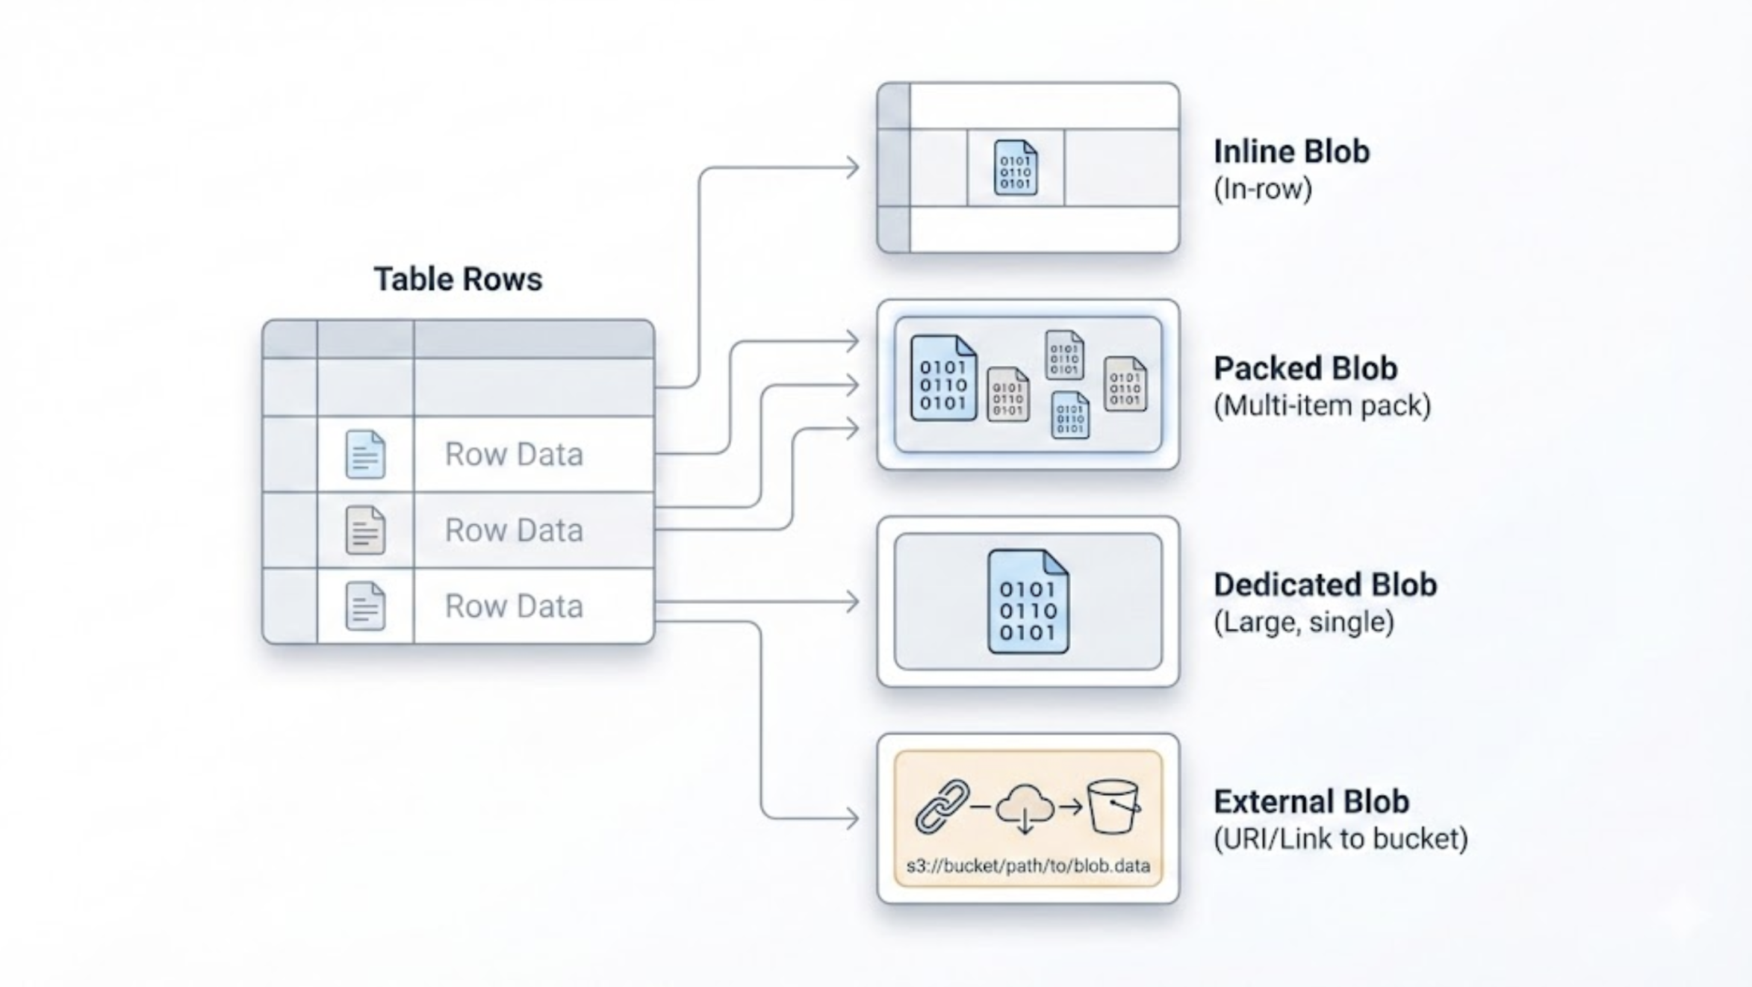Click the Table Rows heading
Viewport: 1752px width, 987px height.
pos(458,279)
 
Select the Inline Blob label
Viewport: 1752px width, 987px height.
pos(1291,152)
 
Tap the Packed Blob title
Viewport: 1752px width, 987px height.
pos(1305,368)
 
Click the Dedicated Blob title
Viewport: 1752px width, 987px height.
pos(1325,585)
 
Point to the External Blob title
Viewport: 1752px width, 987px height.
pos(1311,801)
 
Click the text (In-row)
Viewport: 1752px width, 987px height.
pos(1262,189)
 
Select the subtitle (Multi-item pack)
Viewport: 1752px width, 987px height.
pos(1322,405)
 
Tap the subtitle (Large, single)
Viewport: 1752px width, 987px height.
pos(1303,622)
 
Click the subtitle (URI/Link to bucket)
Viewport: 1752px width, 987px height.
pos(1341,838)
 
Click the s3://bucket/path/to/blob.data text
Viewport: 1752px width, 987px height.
pos(1028,866)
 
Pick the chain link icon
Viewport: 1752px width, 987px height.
pos(942,806)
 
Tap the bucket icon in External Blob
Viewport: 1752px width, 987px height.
pos(1113,806)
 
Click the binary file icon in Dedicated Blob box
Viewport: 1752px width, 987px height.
pos(1028,602)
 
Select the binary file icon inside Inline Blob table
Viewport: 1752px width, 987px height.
pos(1015,168)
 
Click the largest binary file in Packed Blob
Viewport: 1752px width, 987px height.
pos(943,378)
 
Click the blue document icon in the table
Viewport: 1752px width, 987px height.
pos(365,454)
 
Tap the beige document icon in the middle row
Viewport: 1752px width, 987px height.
pos(365,530)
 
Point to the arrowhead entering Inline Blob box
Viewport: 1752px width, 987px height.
pos(853,167)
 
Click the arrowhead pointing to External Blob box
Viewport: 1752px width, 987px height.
pos(853,818)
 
